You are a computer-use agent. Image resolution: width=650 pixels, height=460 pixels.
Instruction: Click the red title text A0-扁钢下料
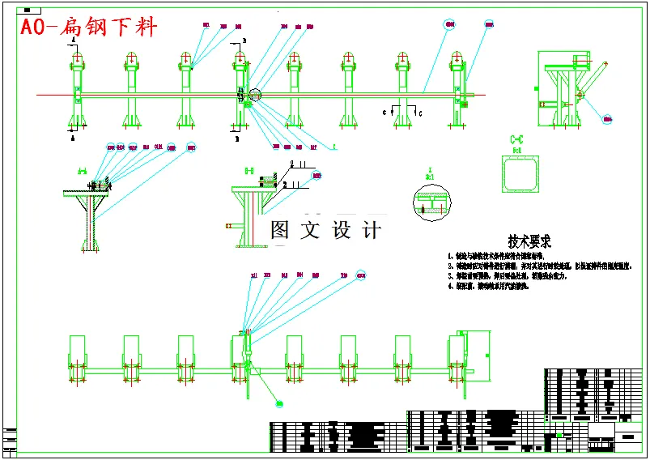coord(88,28)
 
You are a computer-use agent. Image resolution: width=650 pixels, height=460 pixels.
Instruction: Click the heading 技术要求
coord(529,241)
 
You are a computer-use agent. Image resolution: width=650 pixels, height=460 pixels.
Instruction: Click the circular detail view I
coord(432,203)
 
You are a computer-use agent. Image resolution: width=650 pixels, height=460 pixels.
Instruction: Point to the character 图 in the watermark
coord(280,230)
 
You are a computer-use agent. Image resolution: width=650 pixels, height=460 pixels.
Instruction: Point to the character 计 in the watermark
coord(371,230)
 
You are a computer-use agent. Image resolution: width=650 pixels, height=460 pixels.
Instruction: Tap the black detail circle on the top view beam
coord(256,96)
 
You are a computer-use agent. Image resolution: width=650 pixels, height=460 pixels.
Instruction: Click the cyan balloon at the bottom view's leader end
coord(279,402)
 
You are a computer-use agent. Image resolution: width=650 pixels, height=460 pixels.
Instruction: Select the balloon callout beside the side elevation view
coord(607,118)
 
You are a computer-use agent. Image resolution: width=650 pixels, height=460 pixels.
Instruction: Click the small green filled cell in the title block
coord(559,434)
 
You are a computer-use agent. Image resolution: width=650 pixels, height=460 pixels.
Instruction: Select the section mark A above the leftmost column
coord(74,39)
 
